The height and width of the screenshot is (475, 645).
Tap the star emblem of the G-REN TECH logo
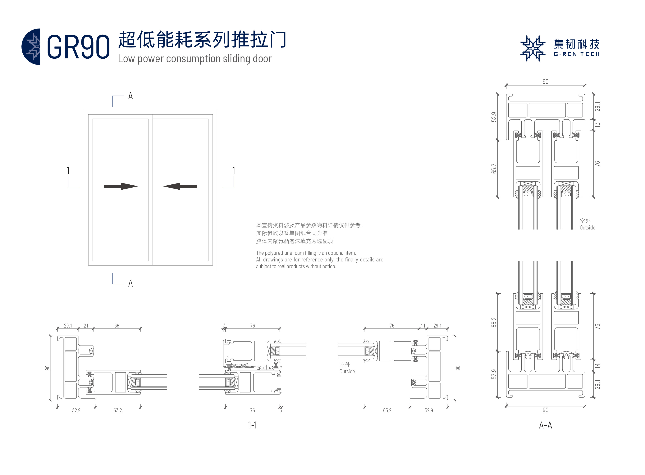533,48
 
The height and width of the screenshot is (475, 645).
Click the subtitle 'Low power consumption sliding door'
194,59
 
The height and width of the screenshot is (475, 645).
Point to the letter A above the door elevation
130,96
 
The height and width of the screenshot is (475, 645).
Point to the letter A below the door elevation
130,283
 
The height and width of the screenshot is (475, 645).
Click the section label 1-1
252,425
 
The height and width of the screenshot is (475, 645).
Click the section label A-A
545,425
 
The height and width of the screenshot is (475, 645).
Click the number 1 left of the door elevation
68,170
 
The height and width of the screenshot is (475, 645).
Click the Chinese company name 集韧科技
577,44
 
